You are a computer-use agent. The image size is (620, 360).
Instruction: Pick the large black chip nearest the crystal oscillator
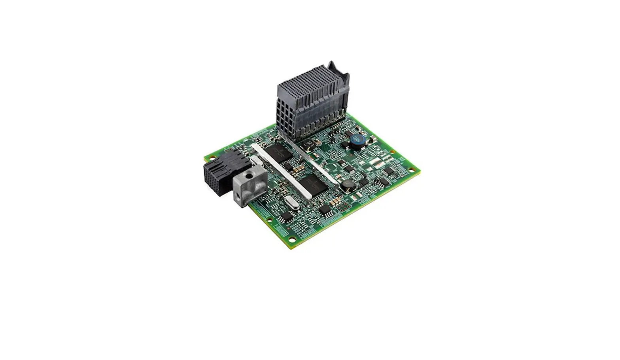(x=314, y=184)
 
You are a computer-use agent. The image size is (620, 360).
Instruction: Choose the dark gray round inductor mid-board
(x=347, y=184)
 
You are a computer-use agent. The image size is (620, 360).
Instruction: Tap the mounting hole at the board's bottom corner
(x=291, y=239)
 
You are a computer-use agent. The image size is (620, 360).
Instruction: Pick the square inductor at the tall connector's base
(x=308, y=144)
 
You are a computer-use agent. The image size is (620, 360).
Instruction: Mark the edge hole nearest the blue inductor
(x=392, y=152)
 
